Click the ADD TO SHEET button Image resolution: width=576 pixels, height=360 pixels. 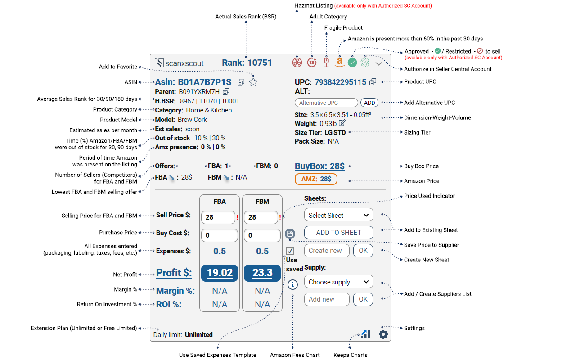tap(338, 233)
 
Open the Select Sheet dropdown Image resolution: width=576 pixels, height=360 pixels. tap(338, 215)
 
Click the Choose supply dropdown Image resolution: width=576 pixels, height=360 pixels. tap(338, 282)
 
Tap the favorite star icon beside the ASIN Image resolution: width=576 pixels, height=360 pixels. tap(253, 82)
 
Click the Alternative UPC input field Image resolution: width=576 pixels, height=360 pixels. tap(326, 103)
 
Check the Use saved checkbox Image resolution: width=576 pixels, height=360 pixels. tap(290, 251)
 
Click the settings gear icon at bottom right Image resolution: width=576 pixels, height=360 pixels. tap(383, 334)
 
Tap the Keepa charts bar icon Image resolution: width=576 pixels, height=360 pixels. tap(365, 334)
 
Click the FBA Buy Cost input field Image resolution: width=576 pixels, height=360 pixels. tap(219, 235)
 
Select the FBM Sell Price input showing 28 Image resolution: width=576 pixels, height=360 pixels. tap(261, 217)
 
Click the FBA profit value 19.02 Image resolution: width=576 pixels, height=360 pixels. tap(219, 273)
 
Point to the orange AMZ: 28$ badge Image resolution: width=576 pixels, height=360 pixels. tap(316, 179)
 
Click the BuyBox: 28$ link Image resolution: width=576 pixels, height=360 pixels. tap(319, 166)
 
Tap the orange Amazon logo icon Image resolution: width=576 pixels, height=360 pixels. tap(339, 63)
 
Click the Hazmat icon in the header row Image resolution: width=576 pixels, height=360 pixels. tap(297, 63)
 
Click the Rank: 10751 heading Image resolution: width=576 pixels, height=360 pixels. tap(247, 63)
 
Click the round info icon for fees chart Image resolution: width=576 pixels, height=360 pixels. tap(292, 284)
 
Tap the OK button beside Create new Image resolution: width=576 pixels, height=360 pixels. tap(363, 251)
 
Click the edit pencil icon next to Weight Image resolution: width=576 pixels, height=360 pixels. tap(342, 123)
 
